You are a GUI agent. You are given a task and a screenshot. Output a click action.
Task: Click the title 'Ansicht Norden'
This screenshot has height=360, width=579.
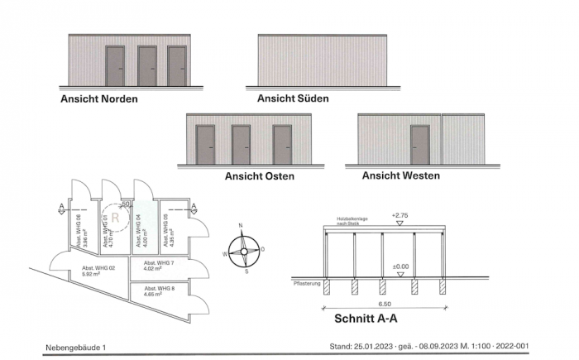point(98,98)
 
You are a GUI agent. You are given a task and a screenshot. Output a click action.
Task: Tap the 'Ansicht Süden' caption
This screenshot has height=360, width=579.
point(293,98)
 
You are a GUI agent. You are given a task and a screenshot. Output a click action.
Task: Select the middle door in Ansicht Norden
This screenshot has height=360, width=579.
point(146,66)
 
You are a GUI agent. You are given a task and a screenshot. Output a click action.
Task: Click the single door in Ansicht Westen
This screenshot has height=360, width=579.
point(419,145)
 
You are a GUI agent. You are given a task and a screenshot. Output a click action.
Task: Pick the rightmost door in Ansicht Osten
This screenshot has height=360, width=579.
point(282,145)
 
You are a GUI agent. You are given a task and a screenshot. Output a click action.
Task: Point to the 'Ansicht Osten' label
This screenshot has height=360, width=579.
point(259,176)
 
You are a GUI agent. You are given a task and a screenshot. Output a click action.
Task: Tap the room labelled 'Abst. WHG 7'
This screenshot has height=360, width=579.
point(160,266)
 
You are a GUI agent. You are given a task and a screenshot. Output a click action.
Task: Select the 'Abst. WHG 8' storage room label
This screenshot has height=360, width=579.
point(160,290)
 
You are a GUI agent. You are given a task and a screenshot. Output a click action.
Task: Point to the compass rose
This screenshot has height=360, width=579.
point(242,248)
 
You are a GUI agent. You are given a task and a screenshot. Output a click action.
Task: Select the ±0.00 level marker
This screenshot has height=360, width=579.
point(400,266)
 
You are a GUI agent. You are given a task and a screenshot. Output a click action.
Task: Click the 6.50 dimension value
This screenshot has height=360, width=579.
point(383,303)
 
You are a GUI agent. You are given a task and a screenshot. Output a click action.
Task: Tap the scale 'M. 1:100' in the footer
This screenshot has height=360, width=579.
point(486,348)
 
